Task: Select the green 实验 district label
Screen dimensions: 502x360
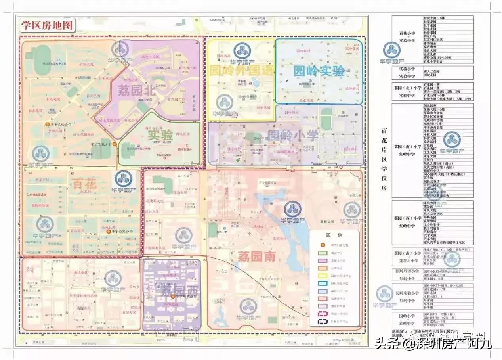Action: coord(160,135)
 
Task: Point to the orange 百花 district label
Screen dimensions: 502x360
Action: coord(84,184)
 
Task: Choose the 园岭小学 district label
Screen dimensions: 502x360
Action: coord(293,136)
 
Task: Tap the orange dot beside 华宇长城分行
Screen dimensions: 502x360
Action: coord(48,124)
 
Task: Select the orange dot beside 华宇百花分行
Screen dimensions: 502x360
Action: coord(115,144)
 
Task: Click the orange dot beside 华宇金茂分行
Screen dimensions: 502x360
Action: coord(108,231)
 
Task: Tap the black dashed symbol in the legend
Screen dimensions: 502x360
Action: coord(322,314)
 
